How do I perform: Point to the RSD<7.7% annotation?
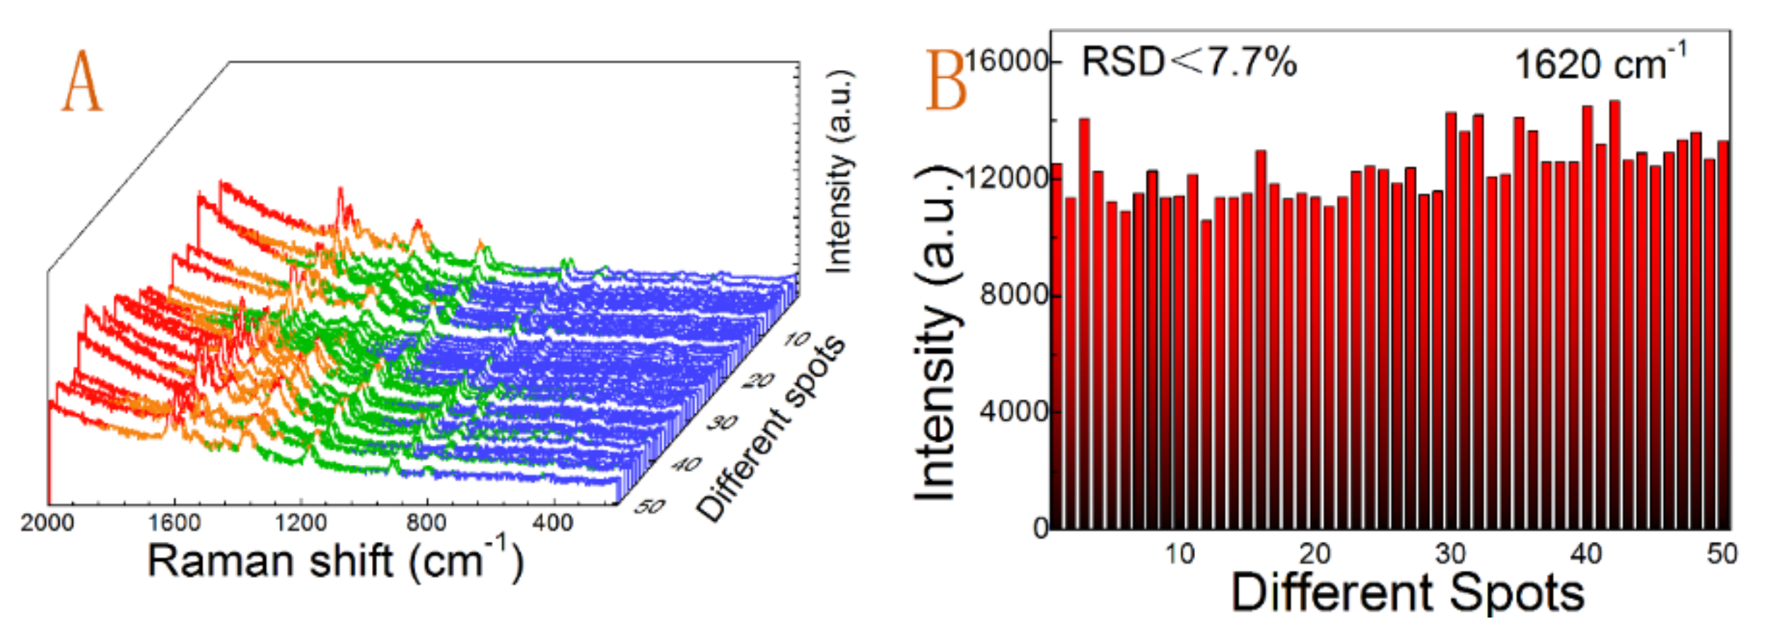point(1189,61)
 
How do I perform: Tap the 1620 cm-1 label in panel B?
point(1600,64)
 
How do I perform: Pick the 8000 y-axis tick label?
point(1014,294)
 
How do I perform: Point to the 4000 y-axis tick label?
point(1014,411)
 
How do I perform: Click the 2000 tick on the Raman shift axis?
point(47,523)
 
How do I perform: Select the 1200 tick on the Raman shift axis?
point(301,523)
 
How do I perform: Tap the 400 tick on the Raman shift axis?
point(553,523)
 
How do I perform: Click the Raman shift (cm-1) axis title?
point(335,561)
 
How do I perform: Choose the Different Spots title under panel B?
point(1407,592)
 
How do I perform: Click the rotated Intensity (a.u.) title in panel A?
point(839,172)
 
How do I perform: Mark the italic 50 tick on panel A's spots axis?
point(649,507)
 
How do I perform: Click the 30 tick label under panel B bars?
point(1450,554)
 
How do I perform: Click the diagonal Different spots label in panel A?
point(771,428)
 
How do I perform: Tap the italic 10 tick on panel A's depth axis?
point(797,340)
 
